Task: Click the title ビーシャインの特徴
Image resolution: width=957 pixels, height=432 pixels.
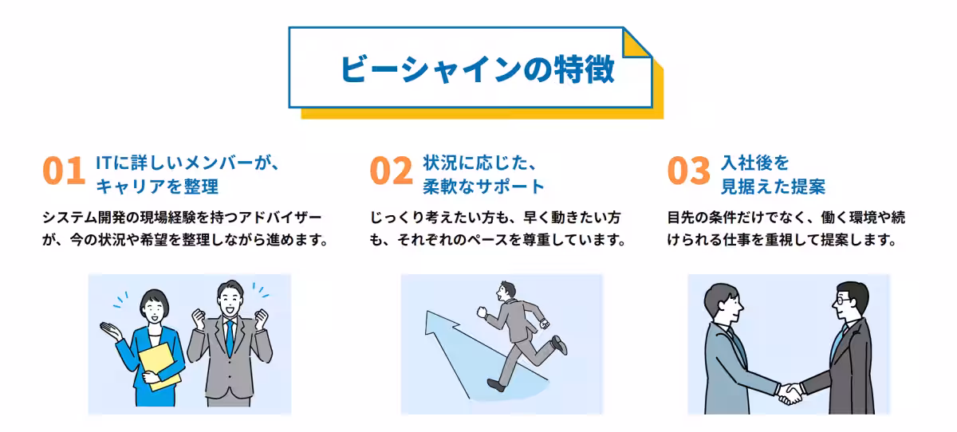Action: [x=476, y=69]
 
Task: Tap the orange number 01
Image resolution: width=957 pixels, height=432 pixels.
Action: [x=63, y=172]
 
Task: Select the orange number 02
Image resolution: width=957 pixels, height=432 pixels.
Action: [x=391, y=172]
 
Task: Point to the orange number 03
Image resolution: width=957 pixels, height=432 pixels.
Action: [x=687, y=172]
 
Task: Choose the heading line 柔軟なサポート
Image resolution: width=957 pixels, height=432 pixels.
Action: [x=483, y=187]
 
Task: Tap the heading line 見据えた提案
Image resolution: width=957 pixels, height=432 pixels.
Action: [x=773, y=187]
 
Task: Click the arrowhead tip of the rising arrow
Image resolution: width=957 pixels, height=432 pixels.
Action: [x=433, y=319]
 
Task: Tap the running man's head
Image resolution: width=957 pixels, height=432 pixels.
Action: [x=505, y=291]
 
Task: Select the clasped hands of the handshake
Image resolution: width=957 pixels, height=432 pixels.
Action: [x=791, y=391]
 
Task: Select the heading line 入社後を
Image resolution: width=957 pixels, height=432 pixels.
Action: [x=754, y=163]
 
